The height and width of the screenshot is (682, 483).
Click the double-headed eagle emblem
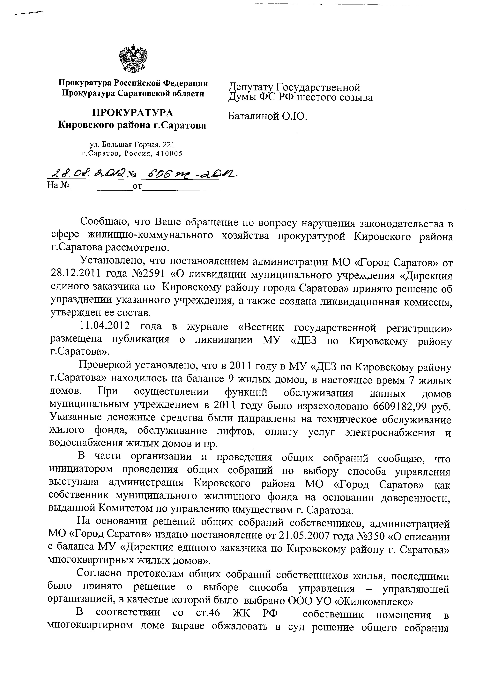[x=133, y=59]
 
